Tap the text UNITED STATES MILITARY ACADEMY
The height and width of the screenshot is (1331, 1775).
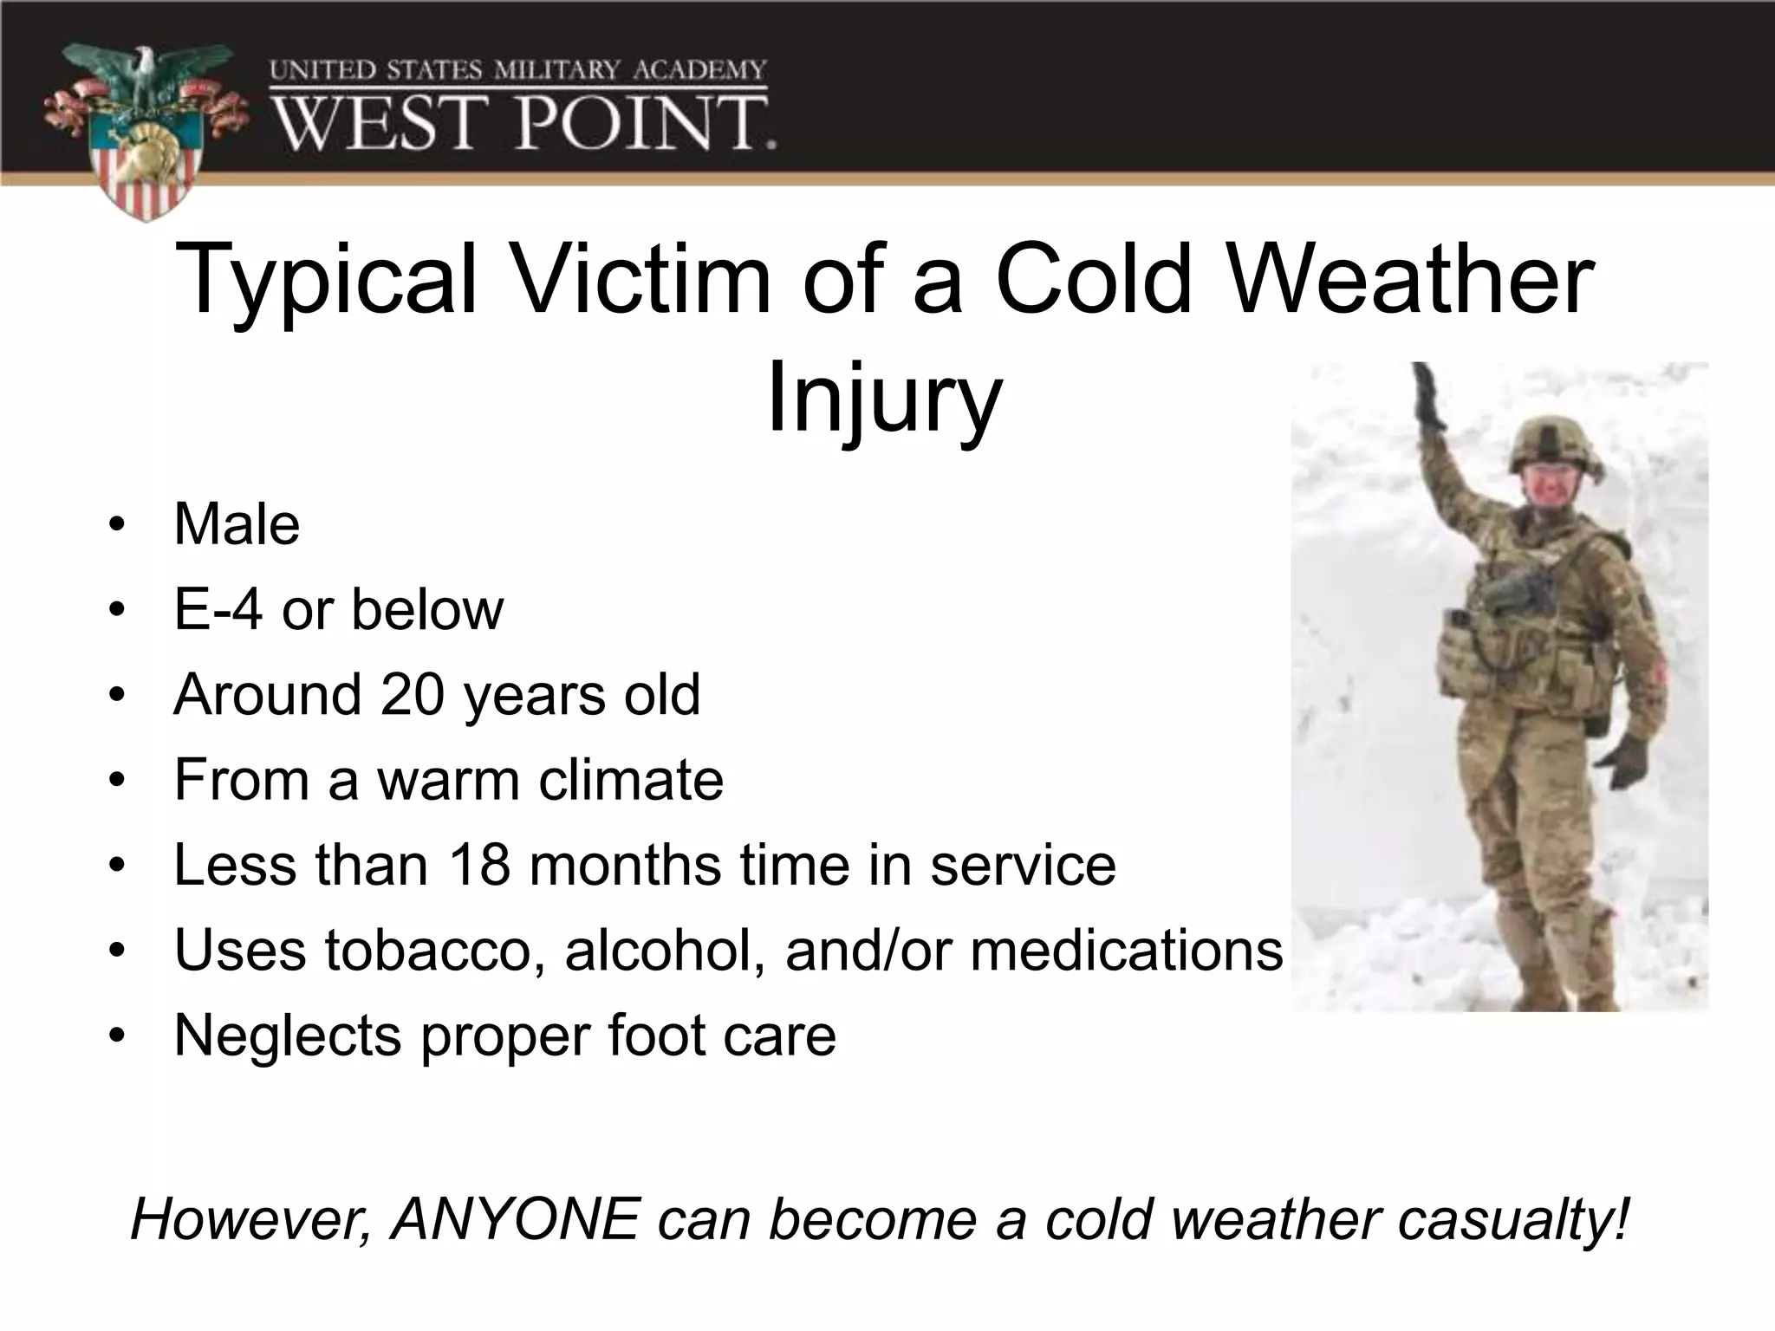517,70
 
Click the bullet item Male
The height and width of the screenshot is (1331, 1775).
237,524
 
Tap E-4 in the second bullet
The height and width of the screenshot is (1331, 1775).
218,609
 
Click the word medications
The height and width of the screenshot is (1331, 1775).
1126,949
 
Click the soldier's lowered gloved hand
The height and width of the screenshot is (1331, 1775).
1623,761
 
